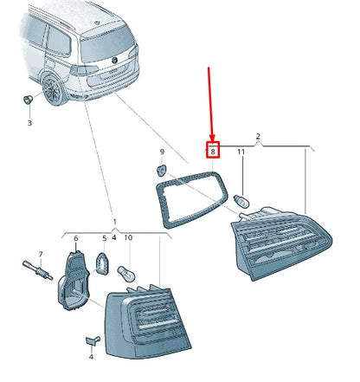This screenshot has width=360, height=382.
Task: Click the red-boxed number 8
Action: click(x=213, y=152)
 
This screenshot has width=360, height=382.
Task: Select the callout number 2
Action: click(x=258, y=136)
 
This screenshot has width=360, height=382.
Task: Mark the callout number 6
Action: click(x=75, y=238)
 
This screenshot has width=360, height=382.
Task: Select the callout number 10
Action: click(x=128, y=238)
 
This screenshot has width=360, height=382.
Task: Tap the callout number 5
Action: click(x=105, y=238)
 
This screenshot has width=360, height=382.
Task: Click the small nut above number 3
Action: click(x=29, y=101)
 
